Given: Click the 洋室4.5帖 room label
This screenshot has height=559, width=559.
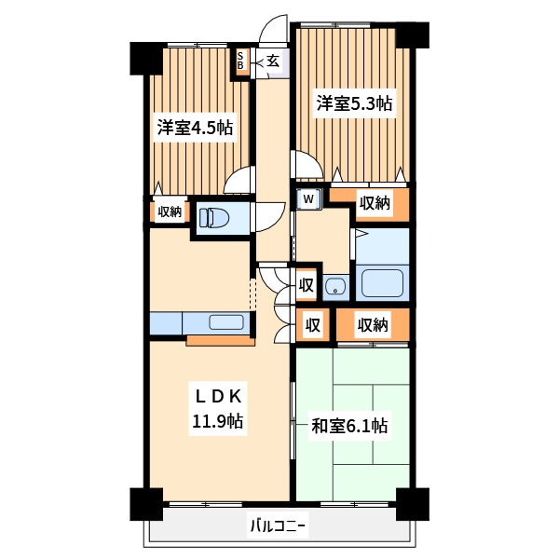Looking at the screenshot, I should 194,128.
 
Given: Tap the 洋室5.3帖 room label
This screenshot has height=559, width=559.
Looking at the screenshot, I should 354,103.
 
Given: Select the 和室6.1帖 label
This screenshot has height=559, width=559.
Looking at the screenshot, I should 349,427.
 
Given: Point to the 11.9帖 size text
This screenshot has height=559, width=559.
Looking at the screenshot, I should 218,421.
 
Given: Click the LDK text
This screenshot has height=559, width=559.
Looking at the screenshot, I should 218,393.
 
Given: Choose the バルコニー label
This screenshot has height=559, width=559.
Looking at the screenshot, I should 278,525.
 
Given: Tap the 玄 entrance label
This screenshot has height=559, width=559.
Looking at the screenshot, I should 273,61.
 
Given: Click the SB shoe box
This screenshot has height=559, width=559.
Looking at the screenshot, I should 240,61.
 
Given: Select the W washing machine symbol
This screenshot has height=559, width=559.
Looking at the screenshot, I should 308,198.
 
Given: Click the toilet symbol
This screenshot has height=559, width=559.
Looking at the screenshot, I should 215,217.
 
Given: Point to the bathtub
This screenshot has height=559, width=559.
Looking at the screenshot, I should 382,283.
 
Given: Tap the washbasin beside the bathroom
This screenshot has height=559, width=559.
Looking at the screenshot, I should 335,287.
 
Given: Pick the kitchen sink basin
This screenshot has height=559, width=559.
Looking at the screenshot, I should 226,323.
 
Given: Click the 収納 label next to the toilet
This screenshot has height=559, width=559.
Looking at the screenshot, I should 169,212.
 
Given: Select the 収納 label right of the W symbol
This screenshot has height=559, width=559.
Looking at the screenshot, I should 375,202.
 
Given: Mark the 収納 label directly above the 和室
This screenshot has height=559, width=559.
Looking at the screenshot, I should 373,325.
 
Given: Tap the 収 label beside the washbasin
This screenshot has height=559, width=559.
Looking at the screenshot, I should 306,286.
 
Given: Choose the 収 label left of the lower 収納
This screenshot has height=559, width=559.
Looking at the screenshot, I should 314,325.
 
